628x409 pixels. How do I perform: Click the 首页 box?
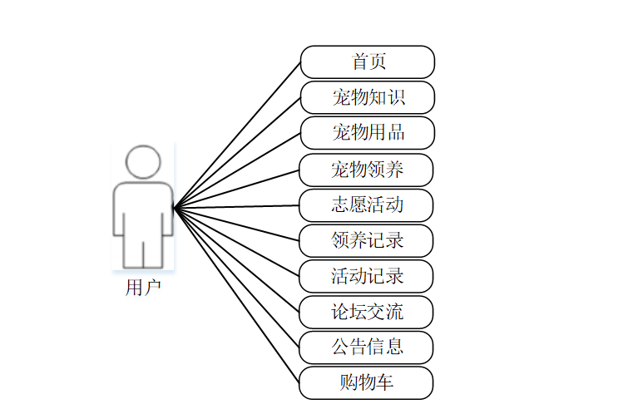(367, 62)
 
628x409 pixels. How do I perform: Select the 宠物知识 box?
(367, 97)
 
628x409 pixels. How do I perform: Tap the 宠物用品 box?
(367, 133)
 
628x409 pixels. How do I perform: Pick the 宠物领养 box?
(367, 170)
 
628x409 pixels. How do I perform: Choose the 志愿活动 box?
(367, 205)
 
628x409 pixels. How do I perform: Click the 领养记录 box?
(367, 241)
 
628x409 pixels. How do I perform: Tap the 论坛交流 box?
(367, 312)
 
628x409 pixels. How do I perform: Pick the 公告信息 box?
(367, 347)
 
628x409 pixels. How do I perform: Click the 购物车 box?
(367, 382)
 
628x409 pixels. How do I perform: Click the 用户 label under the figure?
(143, 288)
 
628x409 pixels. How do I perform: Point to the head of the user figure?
(143, 161)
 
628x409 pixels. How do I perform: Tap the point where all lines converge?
(173, 206)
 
